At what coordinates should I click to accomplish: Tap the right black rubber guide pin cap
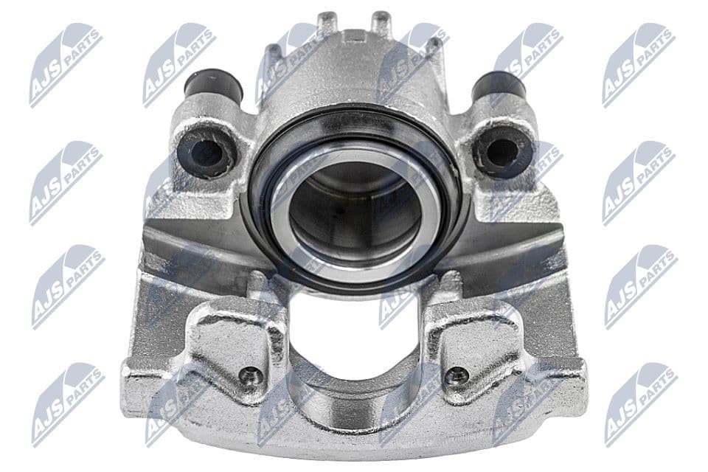click(499, 86)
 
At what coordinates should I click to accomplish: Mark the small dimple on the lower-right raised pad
click(457, 375)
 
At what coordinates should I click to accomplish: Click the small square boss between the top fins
click(354, 35)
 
